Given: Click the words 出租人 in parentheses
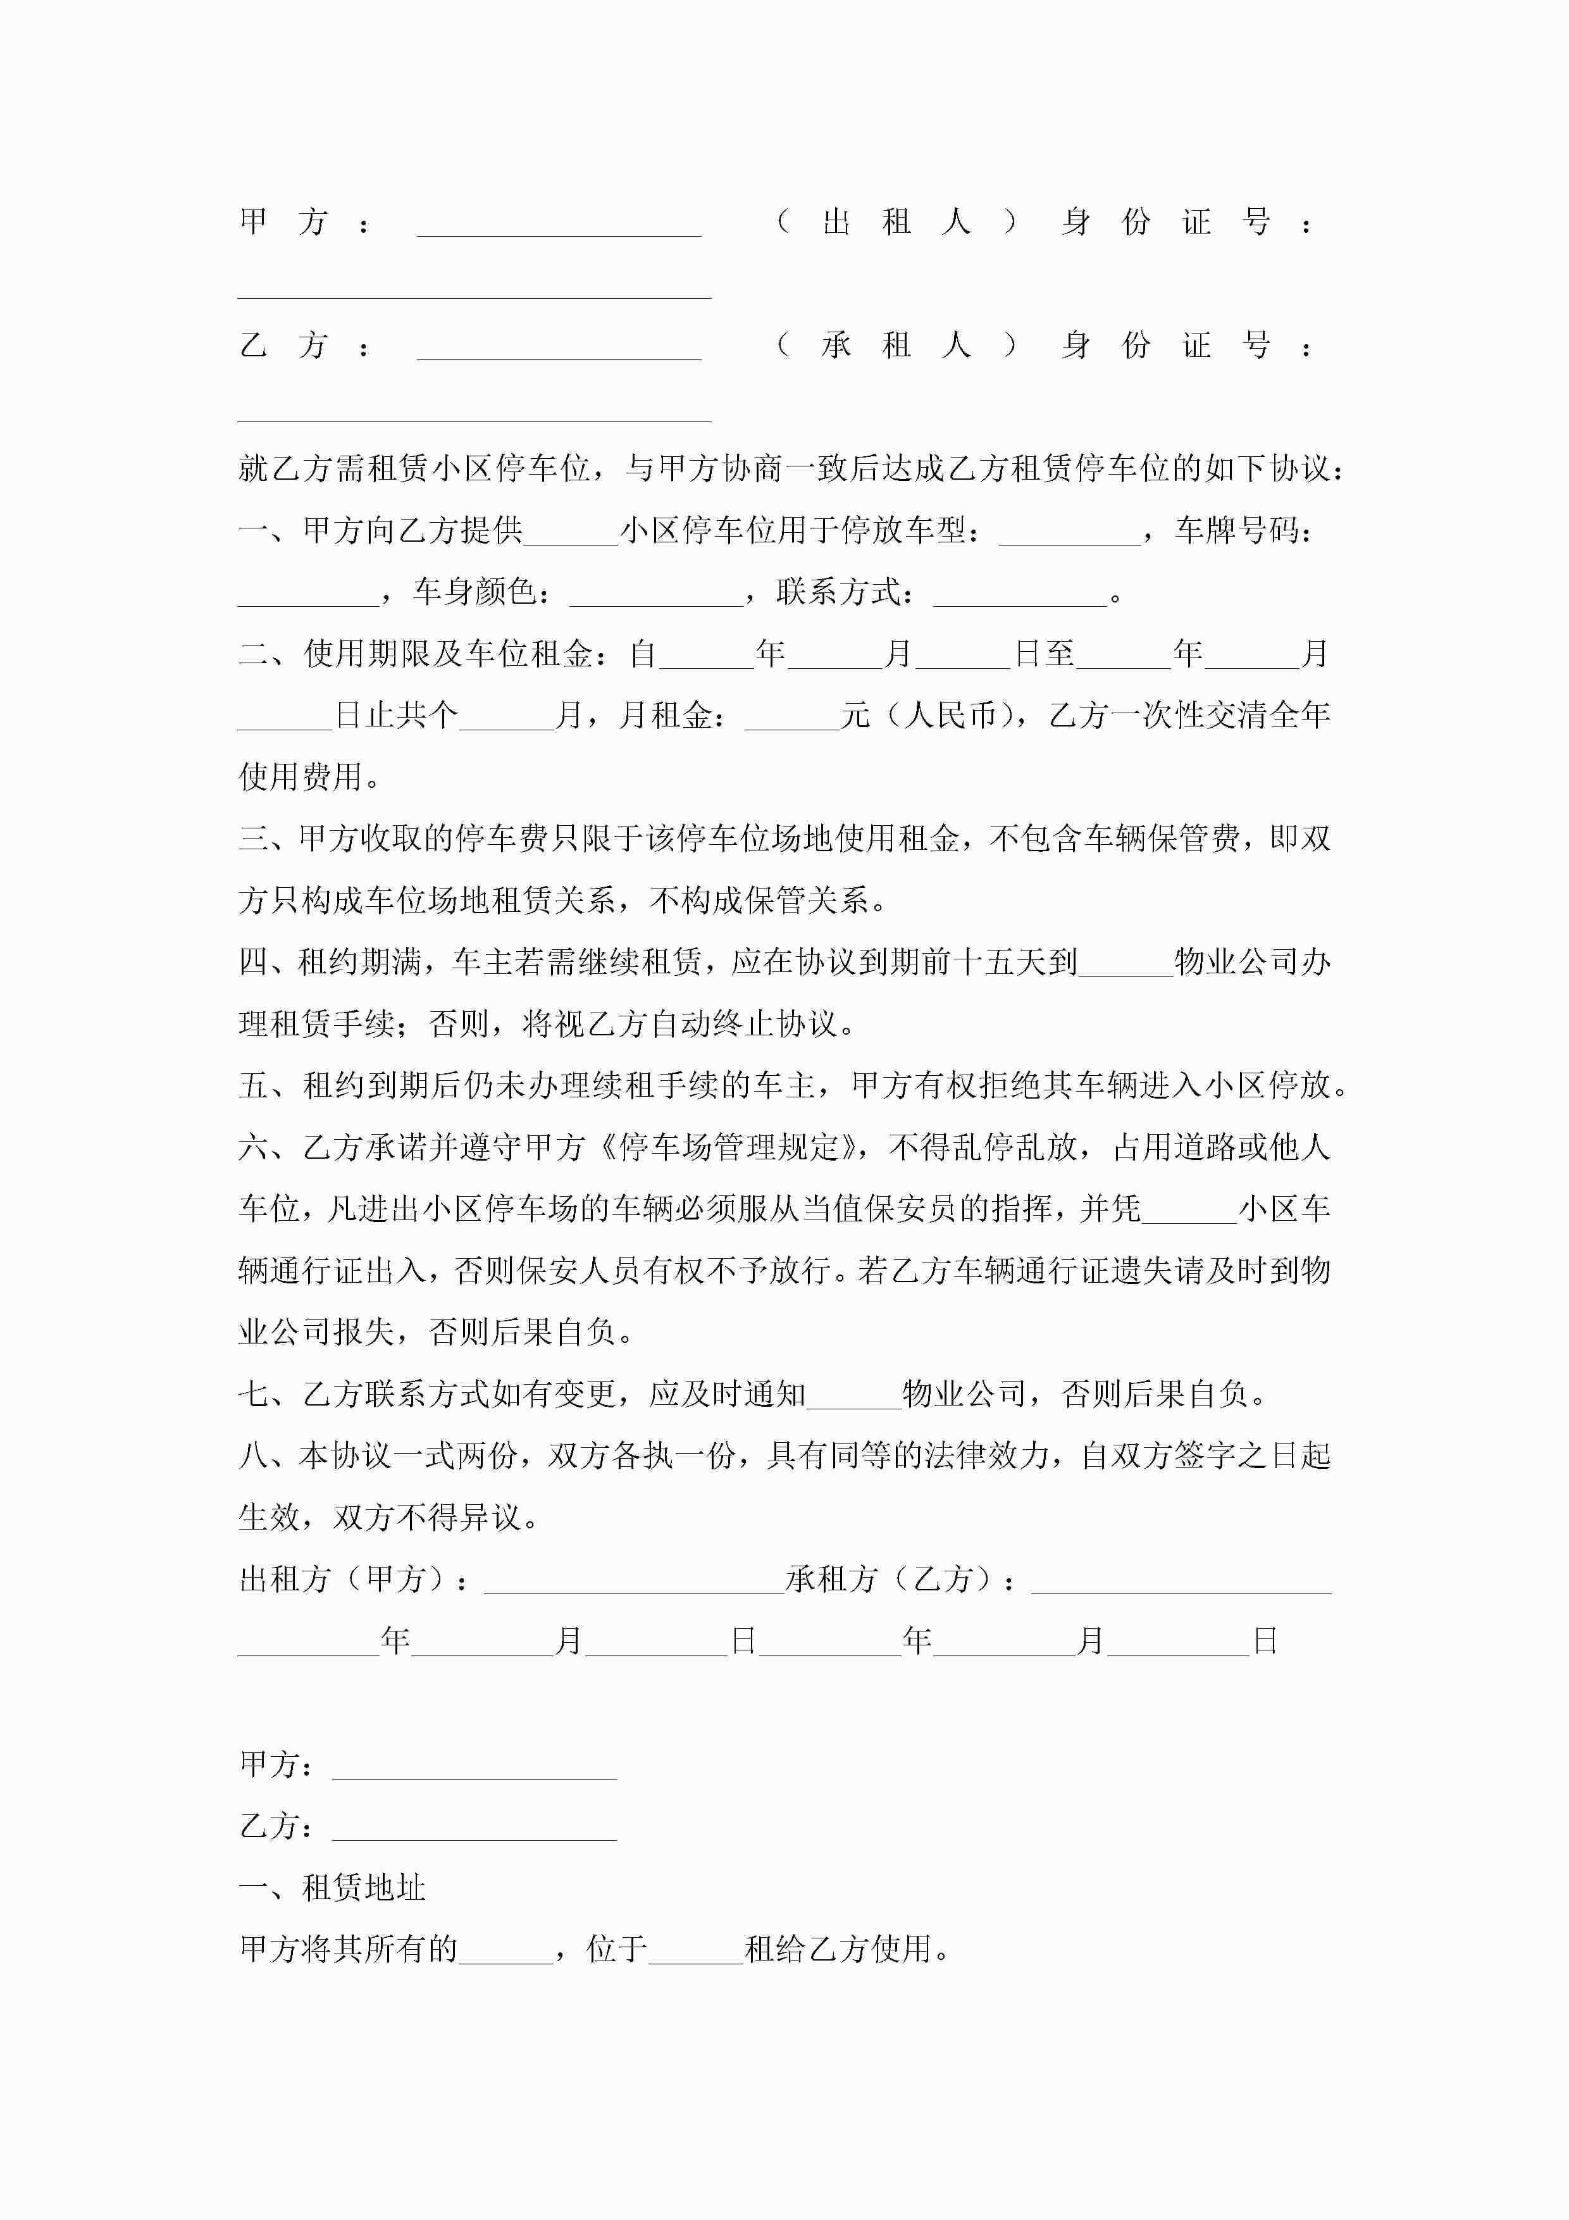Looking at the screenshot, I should (x=896, y=222).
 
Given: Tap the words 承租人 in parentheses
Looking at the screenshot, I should (x=896, y=345).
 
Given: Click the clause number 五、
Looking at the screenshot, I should (x=269, y=1086).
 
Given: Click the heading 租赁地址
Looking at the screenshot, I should (x=364, y=1887).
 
